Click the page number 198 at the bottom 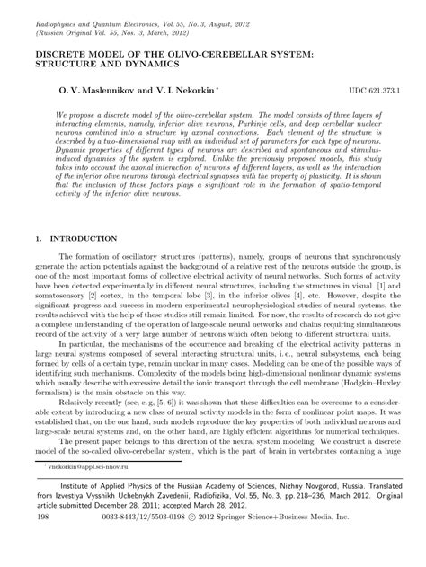point(42,544)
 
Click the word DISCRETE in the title point(61,56)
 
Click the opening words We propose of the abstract point(82,117)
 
